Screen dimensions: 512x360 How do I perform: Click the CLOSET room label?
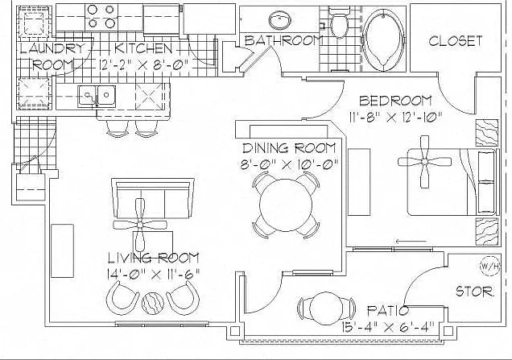[455, 41]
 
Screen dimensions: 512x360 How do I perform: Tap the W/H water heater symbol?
[489, 267]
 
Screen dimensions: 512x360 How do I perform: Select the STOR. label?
[474, 291]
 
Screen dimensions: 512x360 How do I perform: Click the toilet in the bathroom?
[339, 22]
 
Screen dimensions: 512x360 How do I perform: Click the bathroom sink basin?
[280, 20]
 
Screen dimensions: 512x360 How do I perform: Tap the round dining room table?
[287, 205]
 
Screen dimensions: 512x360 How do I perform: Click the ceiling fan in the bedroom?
[424, 162]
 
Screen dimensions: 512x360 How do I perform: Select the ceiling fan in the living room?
[140, 225]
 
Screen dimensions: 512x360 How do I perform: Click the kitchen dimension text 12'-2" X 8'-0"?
[144, 64]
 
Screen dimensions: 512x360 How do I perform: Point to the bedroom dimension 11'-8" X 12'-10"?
[395, 117]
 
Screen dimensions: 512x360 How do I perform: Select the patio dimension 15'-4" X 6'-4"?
[388, 325]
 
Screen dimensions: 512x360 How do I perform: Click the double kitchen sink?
[97, 96]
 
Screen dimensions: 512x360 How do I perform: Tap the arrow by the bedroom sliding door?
[411, 242]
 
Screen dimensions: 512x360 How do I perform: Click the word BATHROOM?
[283, 40]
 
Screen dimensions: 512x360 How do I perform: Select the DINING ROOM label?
[289, 148]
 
